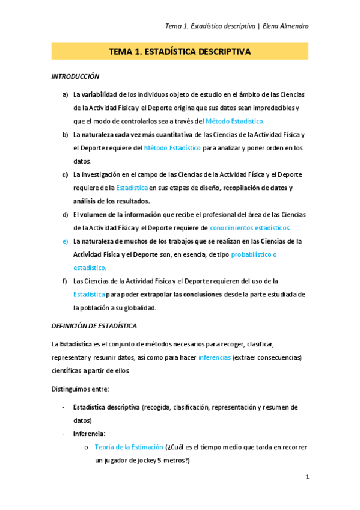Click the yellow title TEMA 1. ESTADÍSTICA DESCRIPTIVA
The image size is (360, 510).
tap(179, 52)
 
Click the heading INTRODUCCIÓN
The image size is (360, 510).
tap(75, 77)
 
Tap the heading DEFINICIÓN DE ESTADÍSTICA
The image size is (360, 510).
tap(94, 326)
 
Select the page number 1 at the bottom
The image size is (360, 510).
tap(307, 476)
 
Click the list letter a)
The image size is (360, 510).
tap(65, 94)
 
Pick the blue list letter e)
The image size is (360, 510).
tap(65, 241)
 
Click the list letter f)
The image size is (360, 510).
tap(65, 281)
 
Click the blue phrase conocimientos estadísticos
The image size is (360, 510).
tap(249, 228)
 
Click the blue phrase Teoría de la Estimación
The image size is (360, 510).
tap(129, 447)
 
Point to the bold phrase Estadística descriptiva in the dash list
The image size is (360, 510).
tap(106, 407)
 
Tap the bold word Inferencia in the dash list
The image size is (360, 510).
tap(88, 434)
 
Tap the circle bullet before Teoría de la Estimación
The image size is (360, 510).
tap(87, 447)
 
